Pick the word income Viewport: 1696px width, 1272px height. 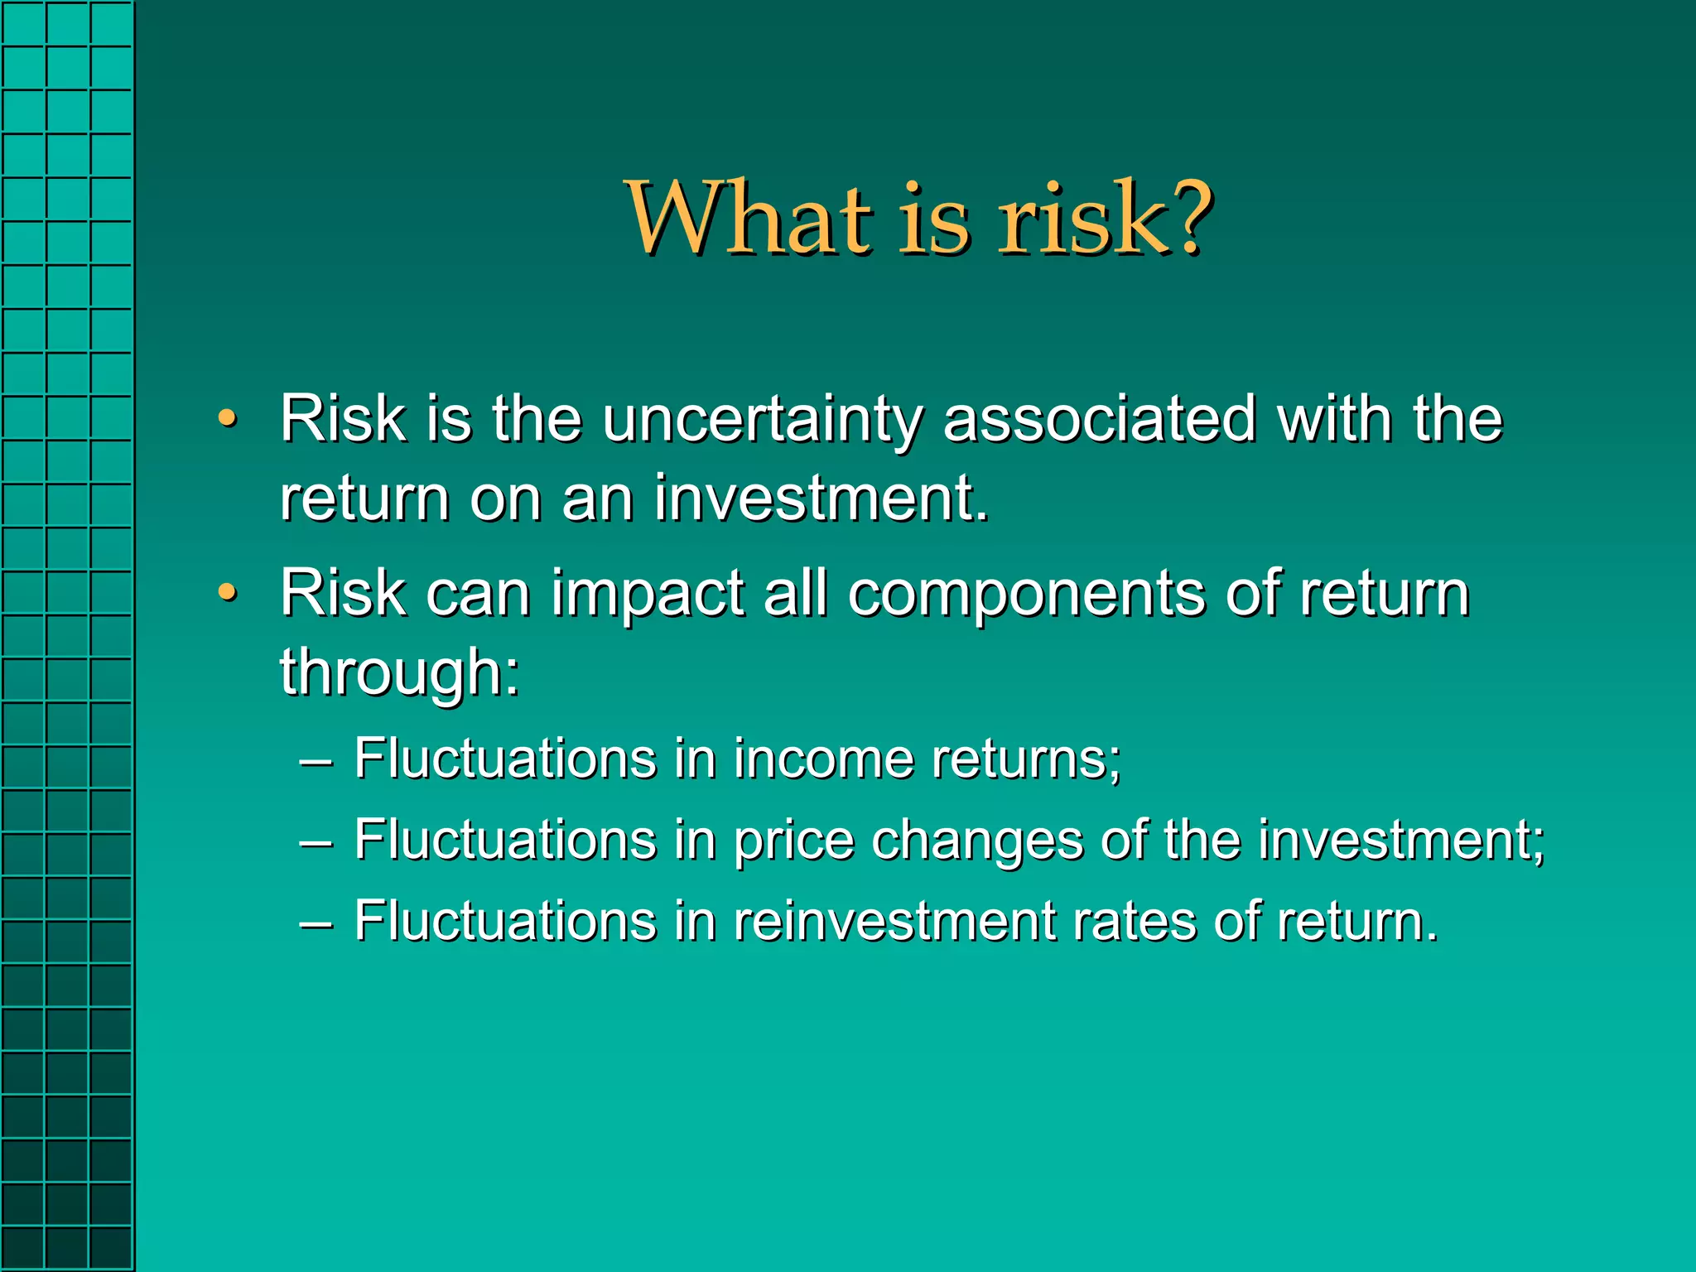pyautogui.click(x=823, y=759)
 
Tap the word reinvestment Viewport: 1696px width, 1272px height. pyautogui.click(x=895, y=921)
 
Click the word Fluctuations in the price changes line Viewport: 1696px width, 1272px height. pyautogui.click(x=505, y=840)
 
